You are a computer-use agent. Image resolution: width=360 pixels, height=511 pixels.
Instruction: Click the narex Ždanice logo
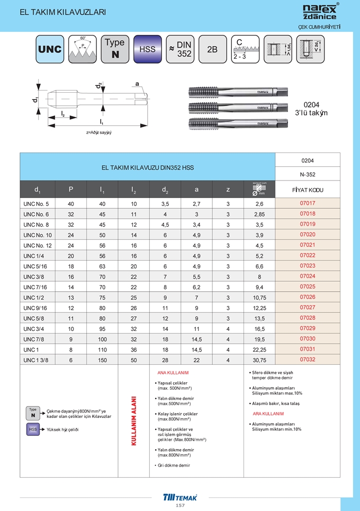(319, 12)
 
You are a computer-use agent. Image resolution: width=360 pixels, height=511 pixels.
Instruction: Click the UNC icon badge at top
(50, 49)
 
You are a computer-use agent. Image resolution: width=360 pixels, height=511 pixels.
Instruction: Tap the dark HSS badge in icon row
(147, 49)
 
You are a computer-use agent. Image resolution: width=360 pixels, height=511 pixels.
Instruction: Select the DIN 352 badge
(180, 49)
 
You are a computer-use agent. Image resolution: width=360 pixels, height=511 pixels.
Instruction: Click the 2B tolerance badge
(212, 49)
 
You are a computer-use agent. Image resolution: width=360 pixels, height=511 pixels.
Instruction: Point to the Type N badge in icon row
(114, 49)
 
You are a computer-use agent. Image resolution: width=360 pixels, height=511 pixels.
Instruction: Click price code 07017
(308, 203)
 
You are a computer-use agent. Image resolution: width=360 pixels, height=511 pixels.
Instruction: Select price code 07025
(308, 286)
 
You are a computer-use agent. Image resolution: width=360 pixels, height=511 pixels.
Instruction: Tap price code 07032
(308, 360)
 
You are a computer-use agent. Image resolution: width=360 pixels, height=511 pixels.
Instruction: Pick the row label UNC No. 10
(38, 235)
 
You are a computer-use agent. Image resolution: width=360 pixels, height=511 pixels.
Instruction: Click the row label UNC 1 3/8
(35, 360)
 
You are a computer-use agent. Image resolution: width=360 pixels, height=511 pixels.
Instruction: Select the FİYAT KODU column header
(308, 190)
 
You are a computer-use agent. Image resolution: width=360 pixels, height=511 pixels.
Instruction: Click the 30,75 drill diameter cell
(258, 360)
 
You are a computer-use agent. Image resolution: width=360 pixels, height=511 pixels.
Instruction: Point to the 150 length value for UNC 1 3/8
(102, 360)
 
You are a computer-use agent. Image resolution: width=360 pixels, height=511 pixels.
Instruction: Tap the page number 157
(180, 506)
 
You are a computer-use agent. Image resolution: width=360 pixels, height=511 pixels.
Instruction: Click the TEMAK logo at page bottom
(180, 497)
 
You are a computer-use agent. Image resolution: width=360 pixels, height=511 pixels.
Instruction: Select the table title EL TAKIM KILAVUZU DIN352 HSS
(148, 167)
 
